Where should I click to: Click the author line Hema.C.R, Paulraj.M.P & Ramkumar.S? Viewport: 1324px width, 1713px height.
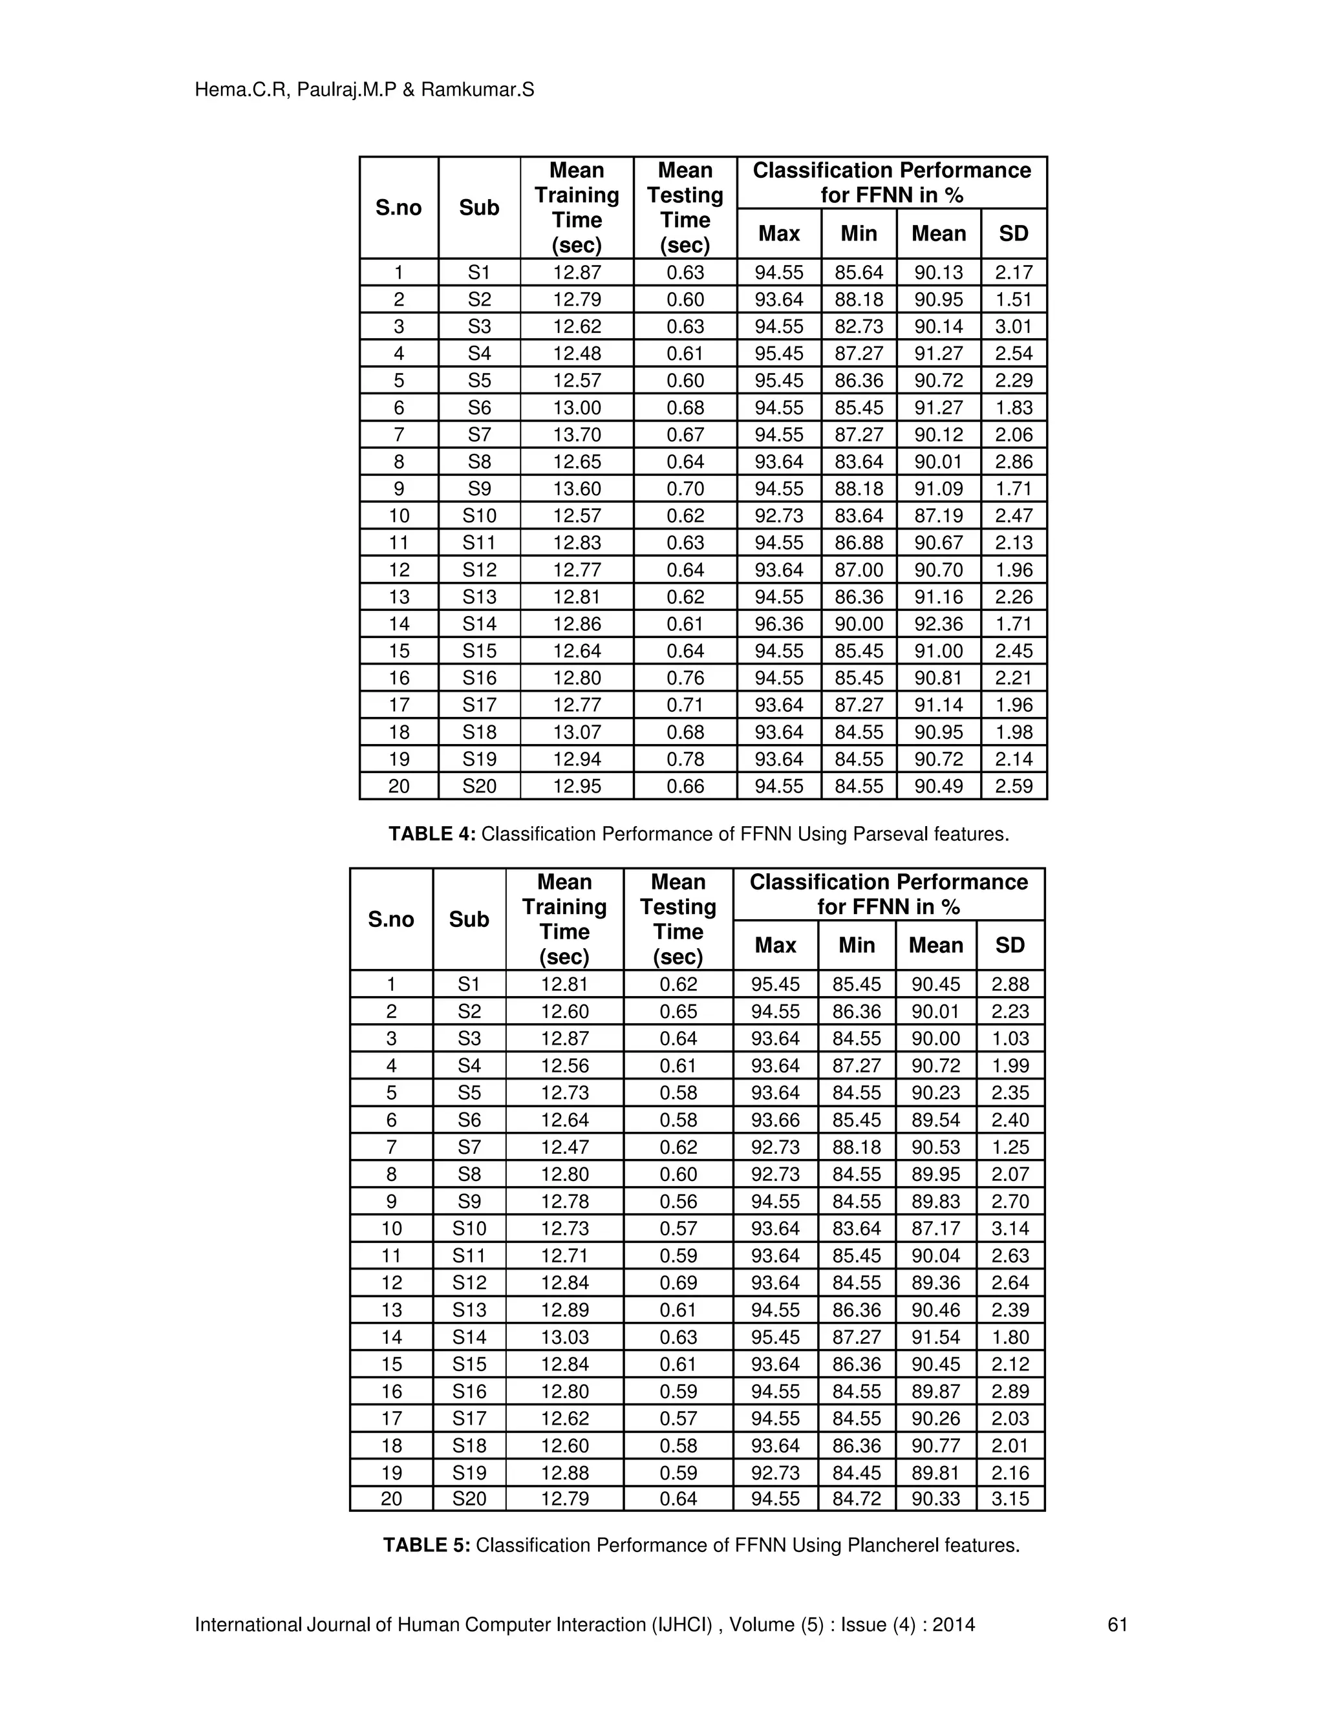coord(364,90)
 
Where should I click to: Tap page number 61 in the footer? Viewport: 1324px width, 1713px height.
coord(1117,1624)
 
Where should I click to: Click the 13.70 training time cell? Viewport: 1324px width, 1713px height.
coord(577,434)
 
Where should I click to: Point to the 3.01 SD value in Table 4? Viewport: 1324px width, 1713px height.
coord(1014,326)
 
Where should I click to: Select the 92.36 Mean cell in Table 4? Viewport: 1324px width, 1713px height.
coord(938,624)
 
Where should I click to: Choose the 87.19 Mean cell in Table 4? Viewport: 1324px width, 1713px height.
coord(938,515)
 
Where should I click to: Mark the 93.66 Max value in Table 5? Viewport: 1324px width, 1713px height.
coord(775,1120)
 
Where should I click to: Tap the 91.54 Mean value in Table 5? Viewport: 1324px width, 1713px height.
coord(935,1337)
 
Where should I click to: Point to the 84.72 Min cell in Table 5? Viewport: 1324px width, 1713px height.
coord(857,1499)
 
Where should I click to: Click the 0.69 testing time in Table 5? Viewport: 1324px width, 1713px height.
coord(678,1282)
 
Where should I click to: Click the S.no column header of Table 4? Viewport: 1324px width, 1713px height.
coord(398,208)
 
